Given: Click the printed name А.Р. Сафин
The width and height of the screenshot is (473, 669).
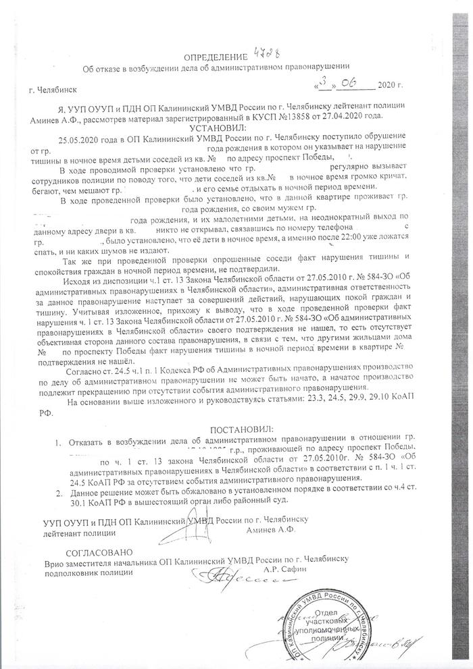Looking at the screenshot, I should click(297, 572).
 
